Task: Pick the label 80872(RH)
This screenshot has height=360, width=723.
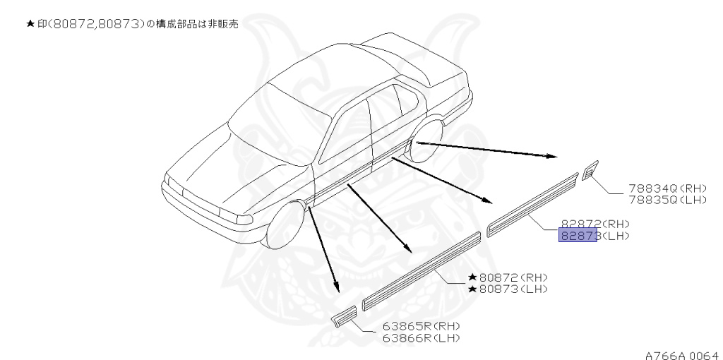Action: pyautogui.click(x=512, y=277)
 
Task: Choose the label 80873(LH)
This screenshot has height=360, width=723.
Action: pyautogui.click(x=512, y=289)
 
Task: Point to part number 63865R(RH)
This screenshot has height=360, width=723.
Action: pyautogui.click(x=422, y=327)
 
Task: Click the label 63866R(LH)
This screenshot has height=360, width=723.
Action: pyautogui.click(x=422, y=338)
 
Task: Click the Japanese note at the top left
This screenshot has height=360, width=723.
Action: pyautogui.click(x=132, y=24)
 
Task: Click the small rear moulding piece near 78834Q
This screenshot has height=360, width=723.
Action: pyautogui.click(x=589, y=172)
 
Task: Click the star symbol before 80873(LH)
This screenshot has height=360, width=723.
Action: pyautogui.click(x=472, y=289)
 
